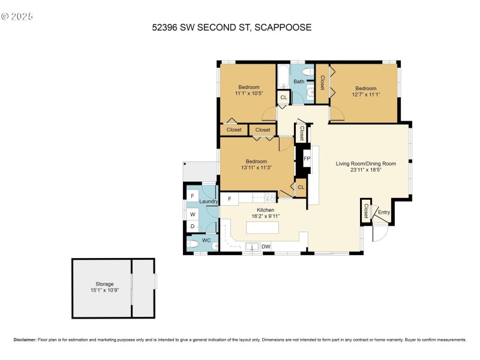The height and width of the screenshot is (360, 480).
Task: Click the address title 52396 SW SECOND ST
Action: tap(232, 27)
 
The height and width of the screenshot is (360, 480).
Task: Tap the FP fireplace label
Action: tap(307, 159)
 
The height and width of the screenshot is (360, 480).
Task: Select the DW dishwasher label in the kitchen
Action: tap(265, 246)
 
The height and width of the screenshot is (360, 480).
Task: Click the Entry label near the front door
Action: tap(383, 212)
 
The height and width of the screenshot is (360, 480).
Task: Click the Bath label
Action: tap(298, 82)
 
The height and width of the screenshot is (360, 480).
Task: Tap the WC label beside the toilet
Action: tap(206, 240)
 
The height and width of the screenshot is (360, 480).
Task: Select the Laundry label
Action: tap(208, 202)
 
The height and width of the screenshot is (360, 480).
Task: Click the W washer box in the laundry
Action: tap(193, 214)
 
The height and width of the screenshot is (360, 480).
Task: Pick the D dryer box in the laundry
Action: tap(193, 226)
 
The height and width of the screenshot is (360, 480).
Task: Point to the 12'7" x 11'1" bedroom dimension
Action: tap(364, 94)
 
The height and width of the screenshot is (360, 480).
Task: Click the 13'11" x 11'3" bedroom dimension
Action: tap(256, 167)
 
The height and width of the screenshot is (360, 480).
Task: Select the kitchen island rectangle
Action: tap(262, 228)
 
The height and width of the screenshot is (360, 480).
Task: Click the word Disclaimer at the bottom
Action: tap(25, 340)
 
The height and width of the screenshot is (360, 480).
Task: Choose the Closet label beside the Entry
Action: tap(365, 211)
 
